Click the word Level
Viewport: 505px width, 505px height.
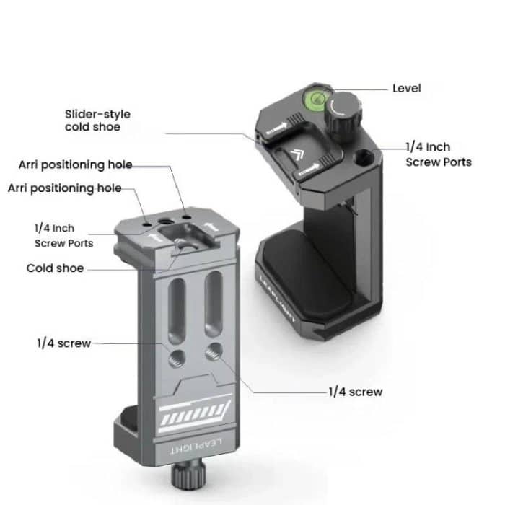tap(406, 88)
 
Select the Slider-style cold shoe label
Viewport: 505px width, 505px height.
tap(97, 120)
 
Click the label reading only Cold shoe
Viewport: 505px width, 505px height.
tap(55, 268)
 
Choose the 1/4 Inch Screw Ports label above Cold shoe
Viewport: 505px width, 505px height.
tap(64, 236)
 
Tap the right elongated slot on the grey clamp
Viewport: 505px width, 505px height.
tap(212, 303)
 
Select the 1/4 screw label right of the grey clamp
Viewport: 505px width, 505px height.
tap(355, 392)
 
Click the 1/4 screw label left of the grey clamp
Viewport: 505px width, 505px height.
tap(63, 343)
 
